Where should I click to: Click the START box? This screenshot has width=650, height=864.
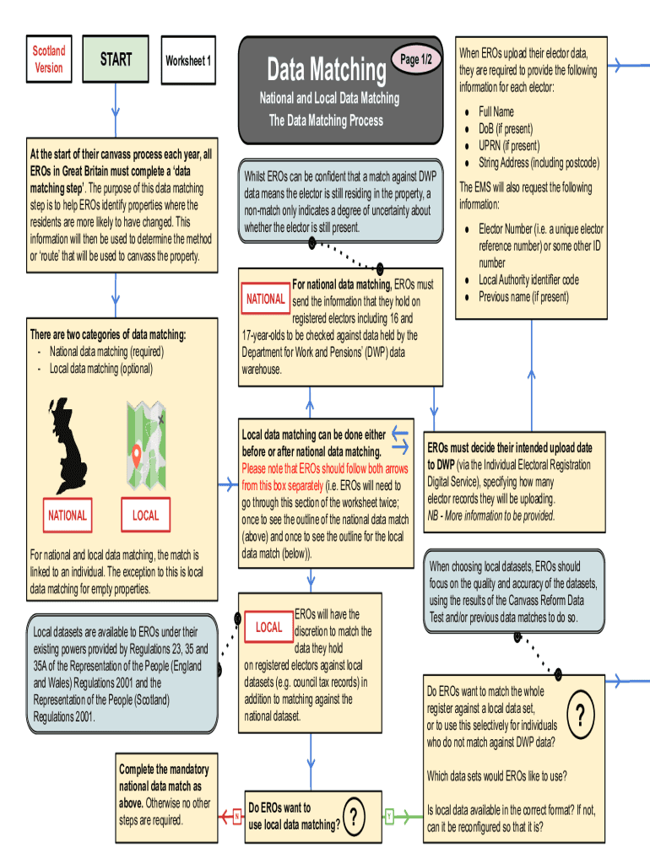(116, 60)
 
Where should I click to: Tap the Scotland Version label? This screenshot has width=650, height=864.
(49, 60)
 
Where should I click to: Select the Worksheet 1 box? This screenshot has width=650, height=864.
(188, 61)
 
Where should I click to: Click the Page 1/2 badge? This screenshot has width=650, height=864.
(415, 59)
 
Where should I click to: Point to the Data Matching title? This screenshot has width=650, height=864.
(326, 69)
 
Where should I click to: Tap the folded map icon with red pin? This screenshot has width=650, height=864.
(144, 445)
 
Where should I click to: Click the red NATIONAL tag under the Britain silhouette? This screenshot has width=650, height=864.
(67, 516)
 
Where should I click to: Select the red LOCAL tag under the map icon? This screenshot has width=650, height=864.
(144, 516)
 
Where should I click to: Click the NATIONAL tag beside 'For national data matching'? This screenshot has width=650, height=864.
(266, 299)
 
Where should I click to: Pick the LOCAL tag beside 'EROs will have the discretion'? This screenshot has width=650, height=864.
(268, 627)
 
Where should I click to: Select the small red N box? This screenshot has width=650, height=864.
(237, 815)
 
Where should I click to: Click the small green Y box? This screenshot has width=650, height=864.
(389, 816)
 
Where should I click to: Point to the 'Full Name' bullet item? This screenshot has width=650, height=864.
(496, 111)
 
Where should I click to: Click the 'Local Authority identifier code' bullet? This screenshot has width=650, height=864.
(528, 279)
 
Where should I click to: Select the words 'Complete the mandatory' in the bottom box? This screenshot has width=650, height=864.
(164, 769)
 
